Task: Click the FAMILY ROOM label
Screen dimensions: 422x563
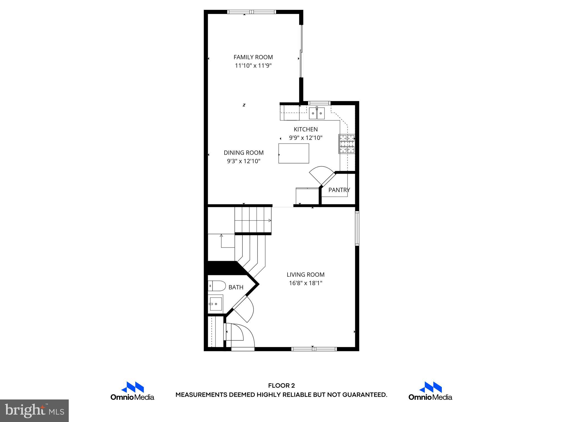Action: tap(253, 57)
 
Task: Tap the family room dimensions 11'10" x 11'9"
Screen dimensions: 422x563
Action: tap(253, 66)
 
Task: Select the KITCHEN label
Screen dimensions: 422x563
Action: tap(305, 129)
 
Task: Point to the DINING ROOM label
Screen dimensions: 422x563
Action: tap(244, 153)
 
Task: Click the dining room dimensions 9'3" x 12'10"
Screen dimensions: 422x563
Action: tap(244, 161)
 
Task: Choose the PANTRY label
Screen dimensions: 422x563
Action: tap(339, 190)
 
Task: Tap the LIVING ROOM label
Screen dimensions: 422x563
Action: tap(305, 274)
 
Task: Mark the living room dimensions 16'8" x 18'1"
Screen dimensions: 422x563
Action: tap(305, 283)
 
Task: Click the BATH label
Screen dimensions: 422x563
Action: tap(236, 287)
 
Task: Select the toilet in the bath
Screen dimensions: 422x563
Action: tap(217, 286)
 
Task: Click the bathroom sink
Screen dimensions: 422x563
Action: tap(216, 304)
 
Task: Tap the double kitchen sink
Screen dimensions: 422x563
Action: tap(317, 113)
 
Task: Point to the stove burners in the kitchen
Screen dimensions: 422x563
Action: tap(347, 143)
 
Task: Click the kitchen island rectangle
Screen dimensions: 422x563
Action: tap(294, 153)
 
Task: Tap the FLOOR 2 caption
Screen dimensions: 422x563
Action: tap(281, 386)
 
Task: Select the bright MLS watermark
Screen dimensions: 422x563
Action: tap(34, 410)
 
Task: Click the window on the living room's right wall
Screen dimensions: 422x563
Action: tap(357, 228)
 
